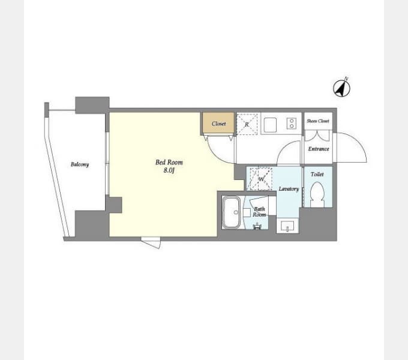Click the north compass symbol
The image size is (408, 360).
click(x=341, y=88)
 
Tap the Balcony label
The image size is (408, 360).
click(x=80, y=164)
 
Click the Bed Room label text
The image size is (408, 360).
click(x=169, y=163)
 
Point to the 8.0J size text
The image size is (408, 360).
click(x=169, y=170)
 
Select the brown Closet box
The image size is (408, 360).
click(x=218, y=124)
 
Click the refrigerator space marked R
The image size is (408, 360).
click(x=247, y=124)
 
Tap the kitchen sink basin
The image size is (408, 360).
click(x=271, y=125)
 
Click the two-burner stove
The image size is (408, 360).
click(x=292, y=123)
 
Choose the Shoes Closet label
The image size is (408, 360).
click(x=318, y=121)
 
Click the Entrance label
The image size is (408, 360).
click(x=319, y=149)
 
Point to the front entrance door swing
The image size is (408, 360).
click(x=351, y=147)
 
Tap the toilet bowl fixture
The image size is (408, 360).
click(x=317, y=194)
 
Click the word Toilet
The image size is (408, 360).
click(x=317, y=174)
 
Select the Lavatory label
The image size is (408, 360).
click(x=289, y=189)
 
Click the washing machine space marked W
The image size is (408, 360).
click(x=261, y=179)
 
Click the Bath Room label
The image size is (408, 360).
click(x=259, y=212)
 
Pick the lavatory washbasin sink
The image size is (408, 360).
click(x=287, y=226)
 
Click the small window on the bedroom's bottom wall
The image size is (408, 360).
click(x=151, y=242)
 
